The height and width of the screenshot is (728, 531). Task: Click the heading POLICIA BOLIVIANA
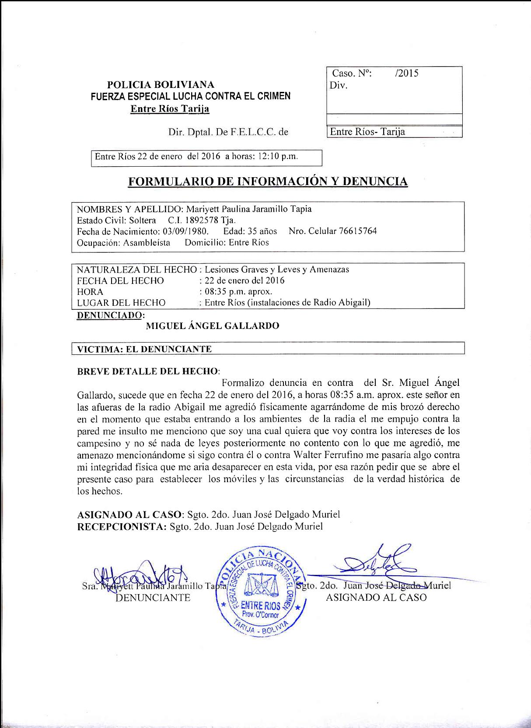161,84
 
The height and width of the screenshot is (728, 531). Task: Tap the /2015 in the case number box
406,73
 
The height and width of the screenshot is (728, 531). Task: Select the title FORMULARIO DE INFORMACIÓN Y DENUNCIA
267,181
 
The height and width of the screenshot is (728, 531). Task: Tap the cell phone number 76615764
357,231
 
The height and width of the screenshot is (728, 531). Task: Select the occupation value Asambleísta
147,242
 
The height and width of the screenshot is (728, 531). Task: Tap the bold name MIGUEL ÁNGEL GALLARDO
212,326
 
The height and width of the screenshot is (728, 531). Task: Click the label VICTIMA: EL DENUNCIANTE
144,349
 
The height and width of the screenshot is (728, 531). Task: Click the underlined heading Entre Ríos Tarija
170,109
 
